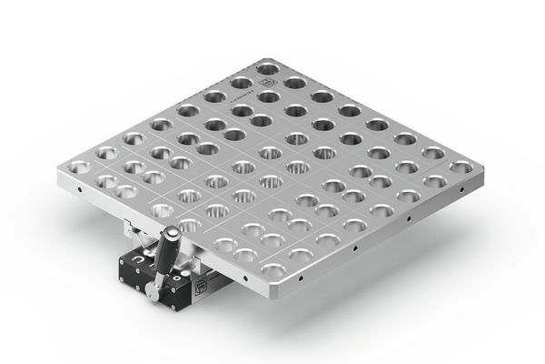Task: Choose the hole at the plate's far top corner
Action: [x=268, y=68]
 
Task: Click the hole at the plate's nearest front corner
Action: [x=271, y=269]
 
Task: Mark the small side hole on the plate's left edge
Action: [x=81, y=191]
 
